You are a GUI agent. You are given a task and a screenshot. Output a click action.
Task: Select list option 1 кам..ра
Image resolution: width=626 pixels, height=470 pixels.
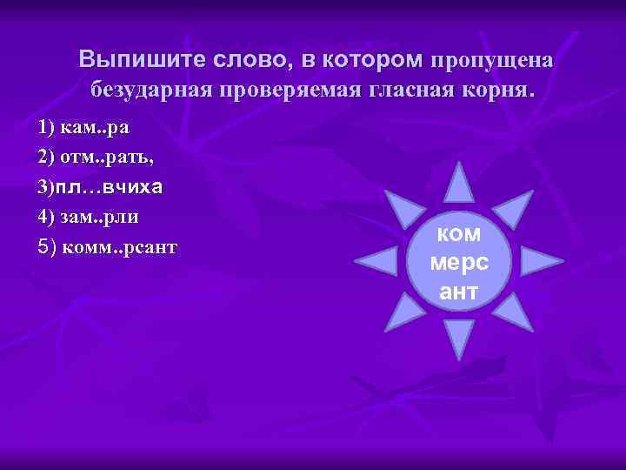[x=83, y=127]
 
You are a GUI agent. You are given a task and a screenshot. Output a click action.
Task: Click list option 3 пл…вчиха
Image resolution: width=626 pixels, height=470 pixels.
[x=101, y=186]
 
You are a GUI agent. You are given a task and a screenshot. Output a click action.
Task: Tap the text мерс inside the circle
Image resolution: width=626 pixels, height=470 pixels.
[x=459, y=262]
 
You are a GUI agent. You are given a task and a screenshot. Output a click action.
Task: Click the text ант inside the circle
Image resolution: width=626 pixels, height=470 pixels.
[x=459, y=292]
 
